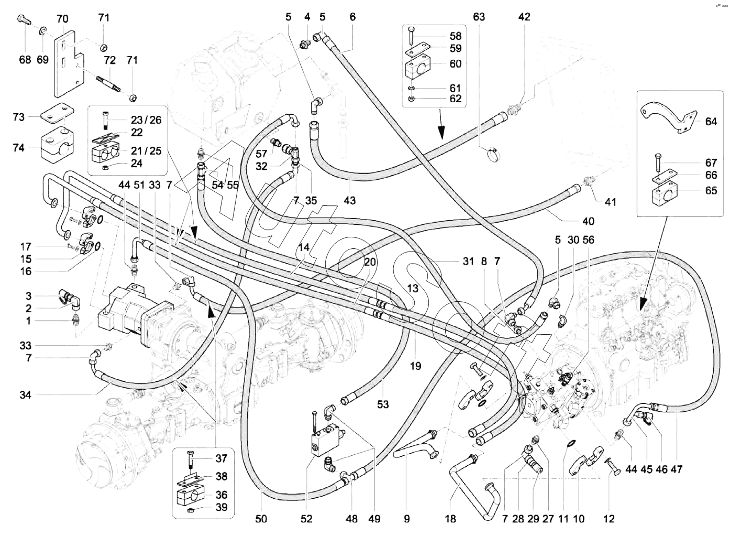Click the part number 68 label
pos(25,60)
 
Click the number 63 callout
pos(479,17)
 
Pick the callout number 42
pos(524,17)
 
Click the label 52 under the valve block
pos(306,519)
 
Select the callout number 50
pos(261,519)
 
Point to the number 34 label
pos(25,395)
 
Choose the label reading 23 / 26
pos(146,119)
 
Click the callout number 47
pos(677,469)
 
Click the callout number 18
pos(450,519)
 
